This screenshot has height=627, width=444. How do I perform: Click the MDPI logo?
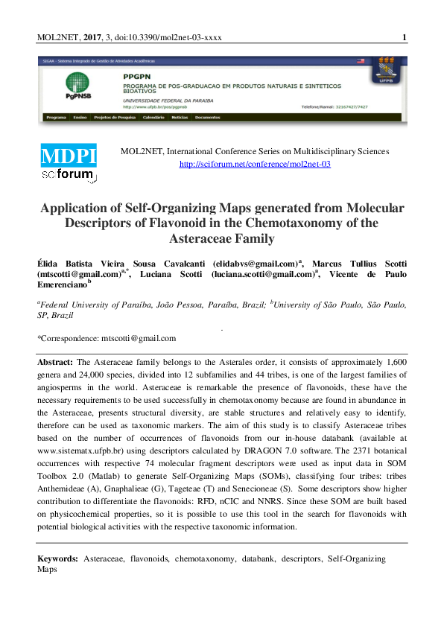[69, 158]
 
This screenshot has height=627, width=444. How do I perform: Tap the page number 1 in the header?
[403, 37]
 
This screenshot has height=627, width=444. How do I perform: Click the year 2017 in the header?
[92, 37]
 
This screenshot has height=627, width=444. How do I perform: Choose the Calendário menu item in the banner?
[153, 118]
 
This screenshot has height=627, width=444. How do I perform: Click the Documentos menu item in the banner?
[207, 118]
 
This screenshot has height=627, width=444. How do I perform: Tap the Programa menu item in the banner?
[56, 118]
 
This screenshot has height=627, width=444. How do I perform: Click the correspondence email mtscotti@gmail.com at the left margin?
[139, 339]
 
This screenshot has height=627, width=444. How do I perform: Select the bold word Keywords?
[58, 558]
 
